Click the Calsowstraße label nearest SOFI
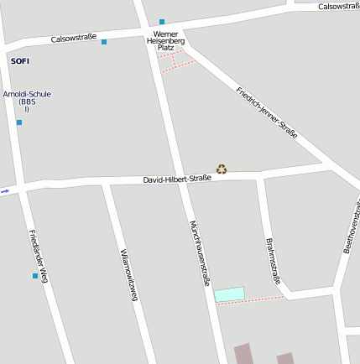pyautogui.click(x=74, y=38)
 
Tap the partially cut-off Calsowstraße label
pyautogui.click(x=338, y=6)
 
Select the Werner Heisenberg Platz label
pyautogui.click(x=165, y=40)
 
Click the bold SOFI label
pyautogui.click(x=20, y=61)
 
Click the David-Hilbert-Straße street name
pyautogui.click(x=176, y=179)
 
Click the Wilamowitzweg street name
pyautogui.click(x=128, y=274)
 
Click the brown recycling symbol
pyautogui.click(x=222, y=169)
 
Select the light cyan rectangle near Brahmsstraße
pyautogui.click(x=228, y=294)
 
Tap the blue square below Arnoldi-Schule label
pyautogui.click(x=19, y=122)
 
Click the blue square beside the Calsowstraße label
pyautogui.click(x=104, y=42)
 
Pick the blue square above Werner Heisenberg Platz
pyautogui.click(x=162, y=22)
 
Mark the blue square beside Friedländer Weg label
pyautogui.click(x=35, y=276)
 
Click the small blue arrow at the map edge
pyautogui.click(x=5, y=190)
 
